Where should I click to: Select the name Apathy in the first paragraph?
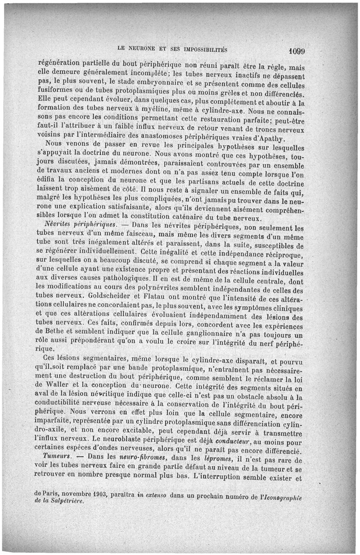pyautogui.click(x=267, y=139)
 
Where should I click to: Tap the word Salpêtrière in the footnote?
pyautogui.click(x=67, y=501)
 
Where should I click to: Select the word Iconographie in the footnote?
pyautogui.click(x=280, y=496)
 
